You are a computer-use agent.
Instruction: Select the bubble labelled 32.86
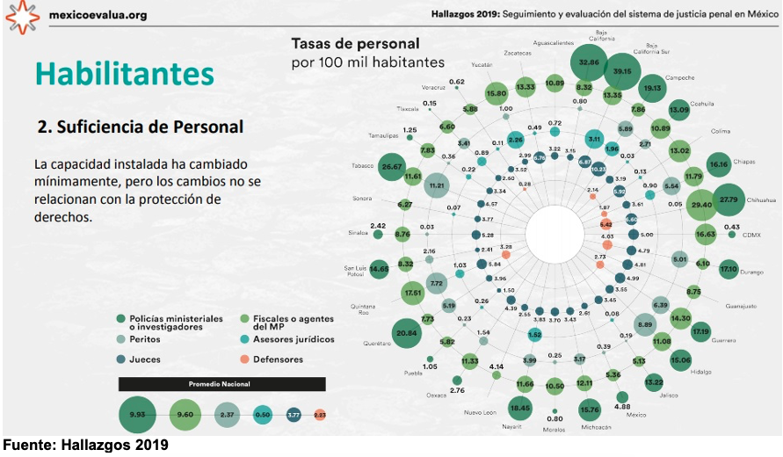coord(589,62)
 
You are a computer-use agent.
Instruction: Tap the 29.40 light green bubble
coord(701,204)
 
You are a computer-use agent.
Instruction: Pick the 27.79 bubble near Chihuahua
coord(729,199)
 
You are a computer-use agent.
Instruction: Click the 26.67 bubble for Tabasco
coord(392,166)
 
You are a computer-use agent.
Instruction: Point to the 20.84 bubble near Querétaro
coord(406,333)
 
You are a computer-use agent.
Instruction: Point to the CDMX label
coord(751,236)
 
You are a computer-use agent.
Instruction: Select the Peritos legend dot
coord(120,338)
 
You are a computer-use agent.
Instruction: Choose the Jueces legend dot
coord(120,359)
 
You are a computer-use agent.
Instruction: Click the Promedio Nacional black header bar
coord(221,384)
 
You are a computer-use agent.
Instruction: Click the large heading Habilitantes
coord(124,73)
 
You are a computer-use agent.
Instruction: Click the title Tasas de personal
coord(355,43)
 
